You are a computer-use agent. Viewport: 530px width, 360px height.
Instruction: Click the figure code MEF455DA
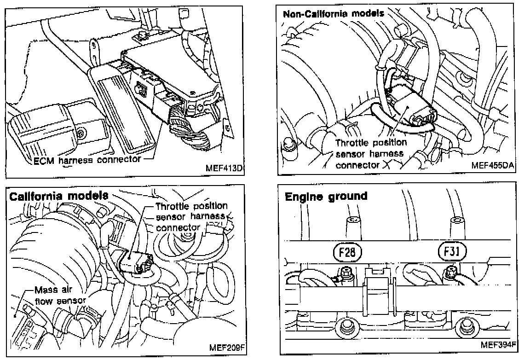[x=492, y=164]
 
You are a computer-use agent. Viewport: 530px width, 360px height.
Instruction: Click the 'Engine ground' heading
[x=326, y=197]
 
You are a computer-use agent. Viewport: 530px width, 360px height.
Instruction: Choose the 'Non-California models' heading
[x=334, y=13]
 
